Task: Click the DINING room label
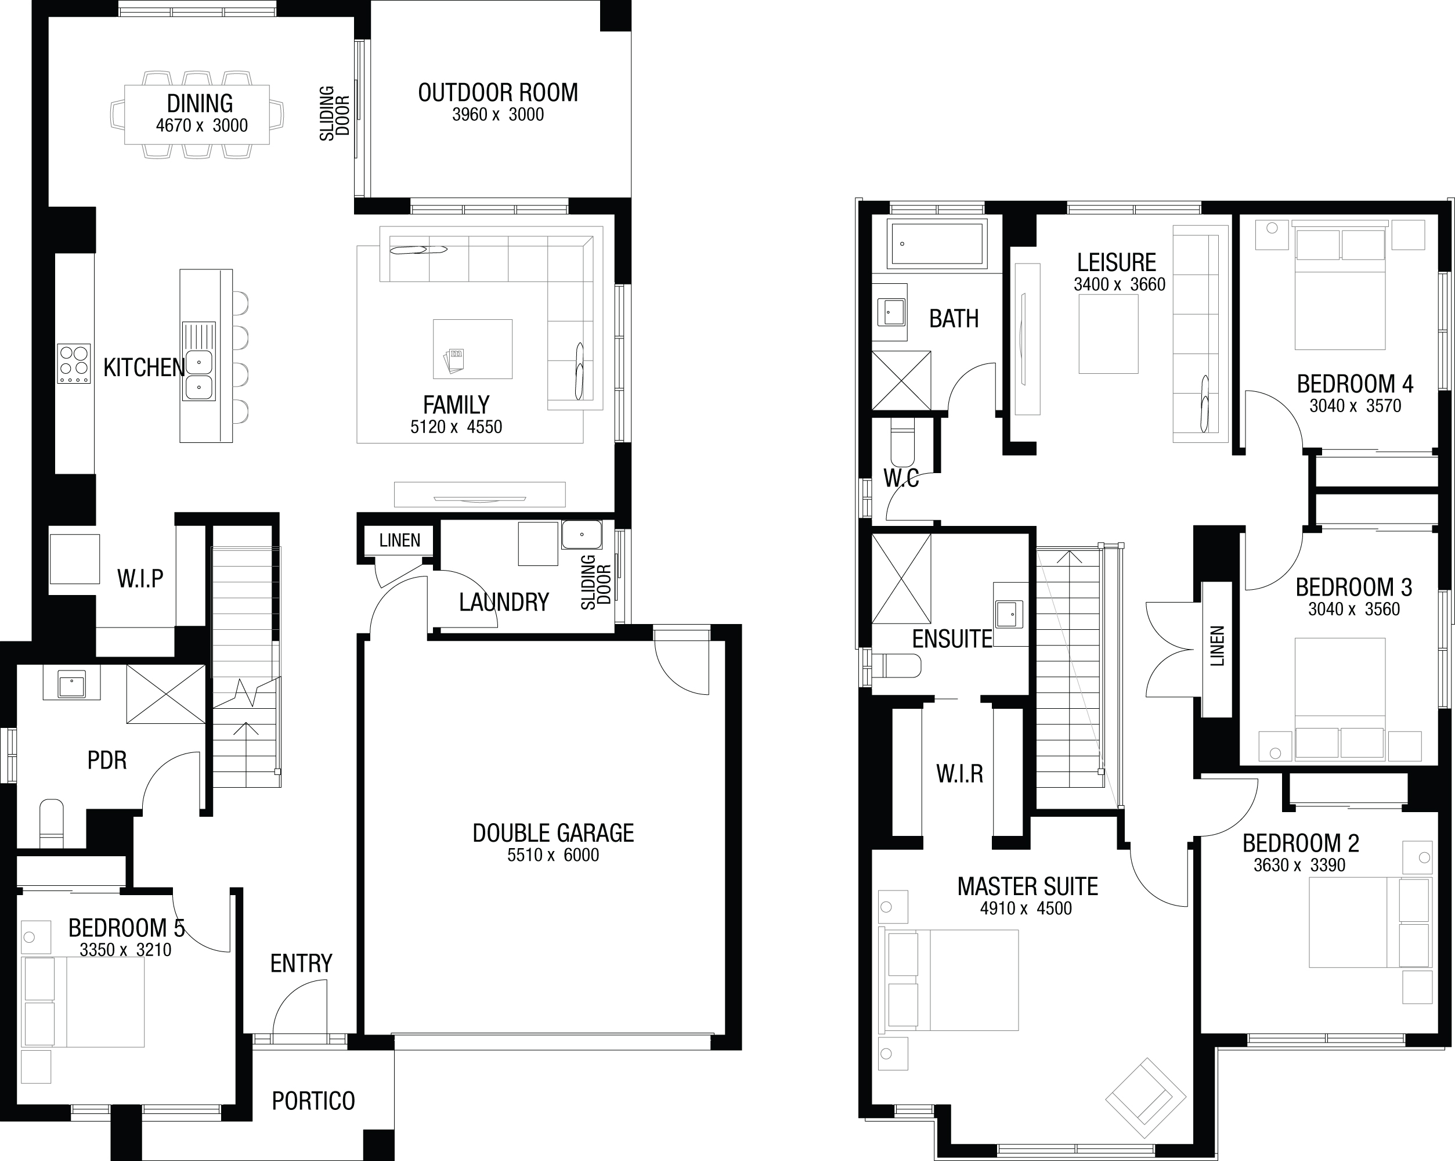click(x=200, y=103)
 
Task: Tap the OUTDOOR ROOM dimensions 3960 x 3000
click(x=498, y=115)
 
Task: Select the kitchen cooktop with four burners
click(x=74, y=365)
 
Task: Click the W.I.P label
click(x=140, y=579)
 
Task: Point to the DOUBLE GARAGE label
click(x=553, y=833)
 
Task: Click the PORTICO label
click(x=313, y=1101)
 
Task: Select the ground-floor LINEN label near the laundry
click(x=399, y=540)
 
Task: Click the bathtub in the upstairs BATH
click(x=937, y=243)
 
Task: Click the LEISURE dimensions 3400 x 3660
click(x=1120, y=285)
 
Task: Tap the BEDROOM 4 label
click(x=1355, y=384)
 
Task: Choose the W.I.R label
click(x=960, y=774)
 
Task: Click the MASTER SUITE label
click(x=1028, y=886)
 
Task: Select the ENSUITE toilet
click(x=896, y=666)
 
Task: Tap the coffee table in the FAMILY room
click(x=472, y=349)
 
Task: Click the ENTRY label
click(x=301, y=963)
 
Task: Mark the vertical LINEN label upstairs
click(x=1218, y=646)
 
